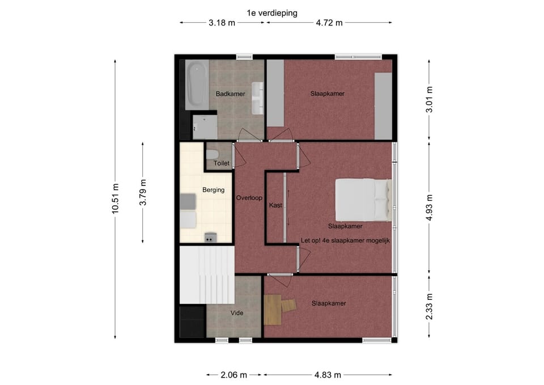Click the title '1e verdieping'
(272, 13)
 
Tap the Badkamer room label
(231, 94)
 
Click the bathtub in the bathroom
(197, 84)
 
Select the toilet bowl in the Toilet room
(212, 154)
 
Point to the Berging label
(214, 190)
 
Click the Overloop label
(249, 198)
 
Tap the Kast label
(275, 205)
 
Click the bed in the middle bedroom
(363, 200)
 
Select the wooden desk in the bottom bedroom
(273, 310)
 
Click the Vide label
(237, 313)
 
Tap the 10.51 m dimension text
(115, 198)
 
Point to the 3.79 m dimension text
(143, 192)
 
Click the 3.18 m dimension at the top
(222, 23)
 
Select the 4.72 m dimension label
(329, 23)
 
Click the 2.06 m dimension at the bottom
(234, 375)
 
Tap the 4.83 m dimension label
(328, 375)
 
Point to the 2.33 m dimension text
(429, 307)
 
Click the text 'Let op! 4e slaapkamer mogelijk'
(345, 240)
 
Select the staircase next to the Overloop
(207, 274)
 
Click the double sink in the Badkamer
(257, 98)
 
